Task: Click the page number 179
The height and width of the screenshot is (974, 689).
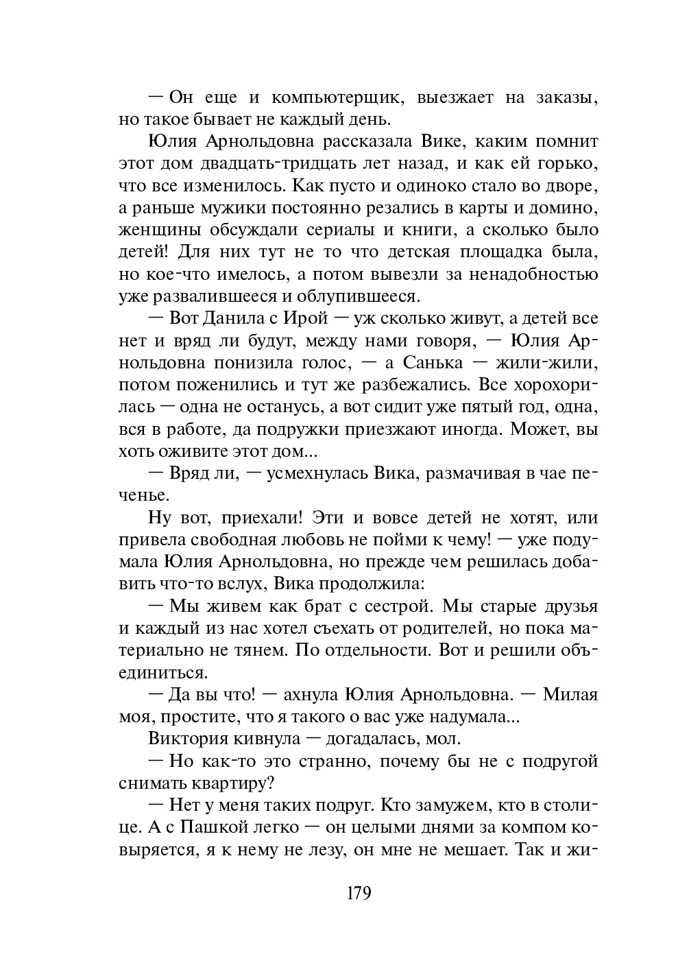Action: click(x=359, y=894)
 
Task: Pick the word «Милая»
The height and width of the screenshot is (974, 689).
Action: click(x=570, y=695)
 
